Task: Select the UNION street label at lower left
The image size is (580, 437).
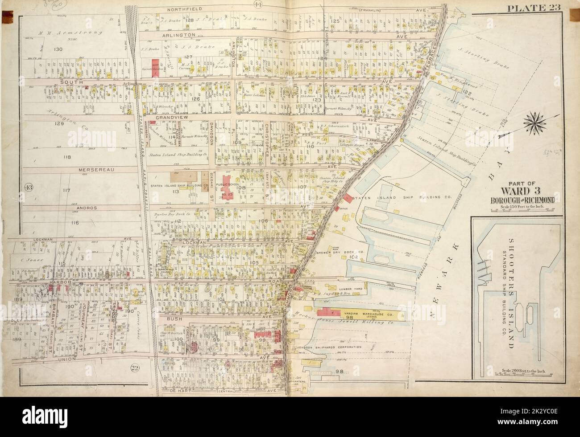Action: pos(70,359)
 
